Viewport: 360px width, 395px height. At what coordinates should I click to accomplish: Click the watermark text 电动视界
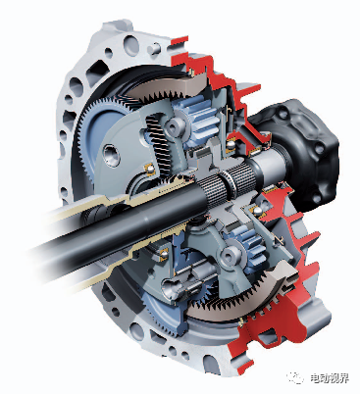[330, 378]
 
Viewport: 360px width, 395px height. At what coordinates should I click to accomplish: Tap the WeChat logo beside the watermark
[295, 377]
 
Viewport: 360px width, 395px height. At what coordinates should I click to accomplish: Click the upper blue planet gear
[201, 121]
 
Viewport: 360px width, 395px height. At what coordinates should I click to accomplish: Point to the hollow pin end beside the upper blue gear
[175, 124]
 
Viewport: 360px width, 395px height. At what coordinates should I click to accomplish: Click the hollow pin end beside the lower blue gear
[231, 254]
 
